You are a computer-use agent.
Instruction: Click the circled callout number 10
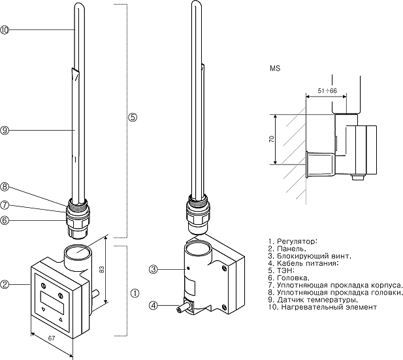(5, 30)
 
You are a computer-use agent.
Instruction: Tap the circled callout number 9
(5, 131)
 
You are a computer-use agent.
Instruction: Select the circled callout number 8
(5, 186)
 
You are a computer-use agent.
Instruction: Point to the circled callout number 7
(5, 203)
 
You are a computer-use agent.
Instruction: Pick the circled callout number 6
(5, 220)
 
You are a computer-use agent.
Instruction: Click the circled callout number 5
(133, 118)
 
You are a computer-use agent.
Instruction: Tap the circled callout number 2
(5, 284)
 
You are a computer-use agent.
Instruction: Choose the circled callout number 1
(135, 293)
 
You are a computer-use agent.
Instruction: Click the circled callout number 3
(153, 269)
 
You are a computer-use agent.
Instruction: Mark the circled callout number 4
(153, 304)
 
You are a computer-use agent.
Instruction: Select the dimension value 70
(270, 139)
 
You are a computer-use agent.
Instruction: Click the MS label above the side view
(274, 68)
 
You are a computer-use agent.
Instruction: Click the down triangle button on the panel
(44, 310)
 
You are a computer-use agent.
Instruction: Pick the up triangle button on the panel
(61, 321)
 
